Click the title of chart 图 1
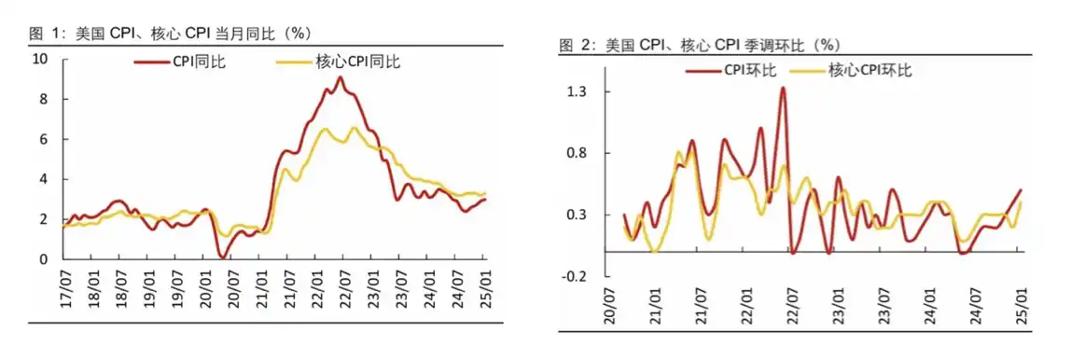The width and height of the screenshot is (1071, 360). (169, 35)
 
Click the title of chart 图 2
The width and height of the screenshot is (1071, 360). (699, 45)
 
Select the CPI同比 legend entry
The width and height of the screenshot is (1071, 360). (179, 62)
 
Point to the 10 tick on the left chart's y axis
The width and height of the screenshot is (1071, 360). (40, 59)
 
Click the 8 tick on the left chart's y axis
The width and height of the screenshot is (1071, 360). (44, 99)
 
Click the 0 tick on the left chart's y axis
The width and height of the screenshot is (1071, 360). (44, 259)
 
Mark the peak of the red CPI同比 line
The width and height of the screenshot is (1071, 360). (341, 77)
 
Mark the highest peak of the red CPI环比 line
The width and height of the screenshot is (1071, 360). (783, 88)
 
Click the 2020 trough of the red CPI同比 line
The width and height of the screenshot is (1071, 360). (222, 256)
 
